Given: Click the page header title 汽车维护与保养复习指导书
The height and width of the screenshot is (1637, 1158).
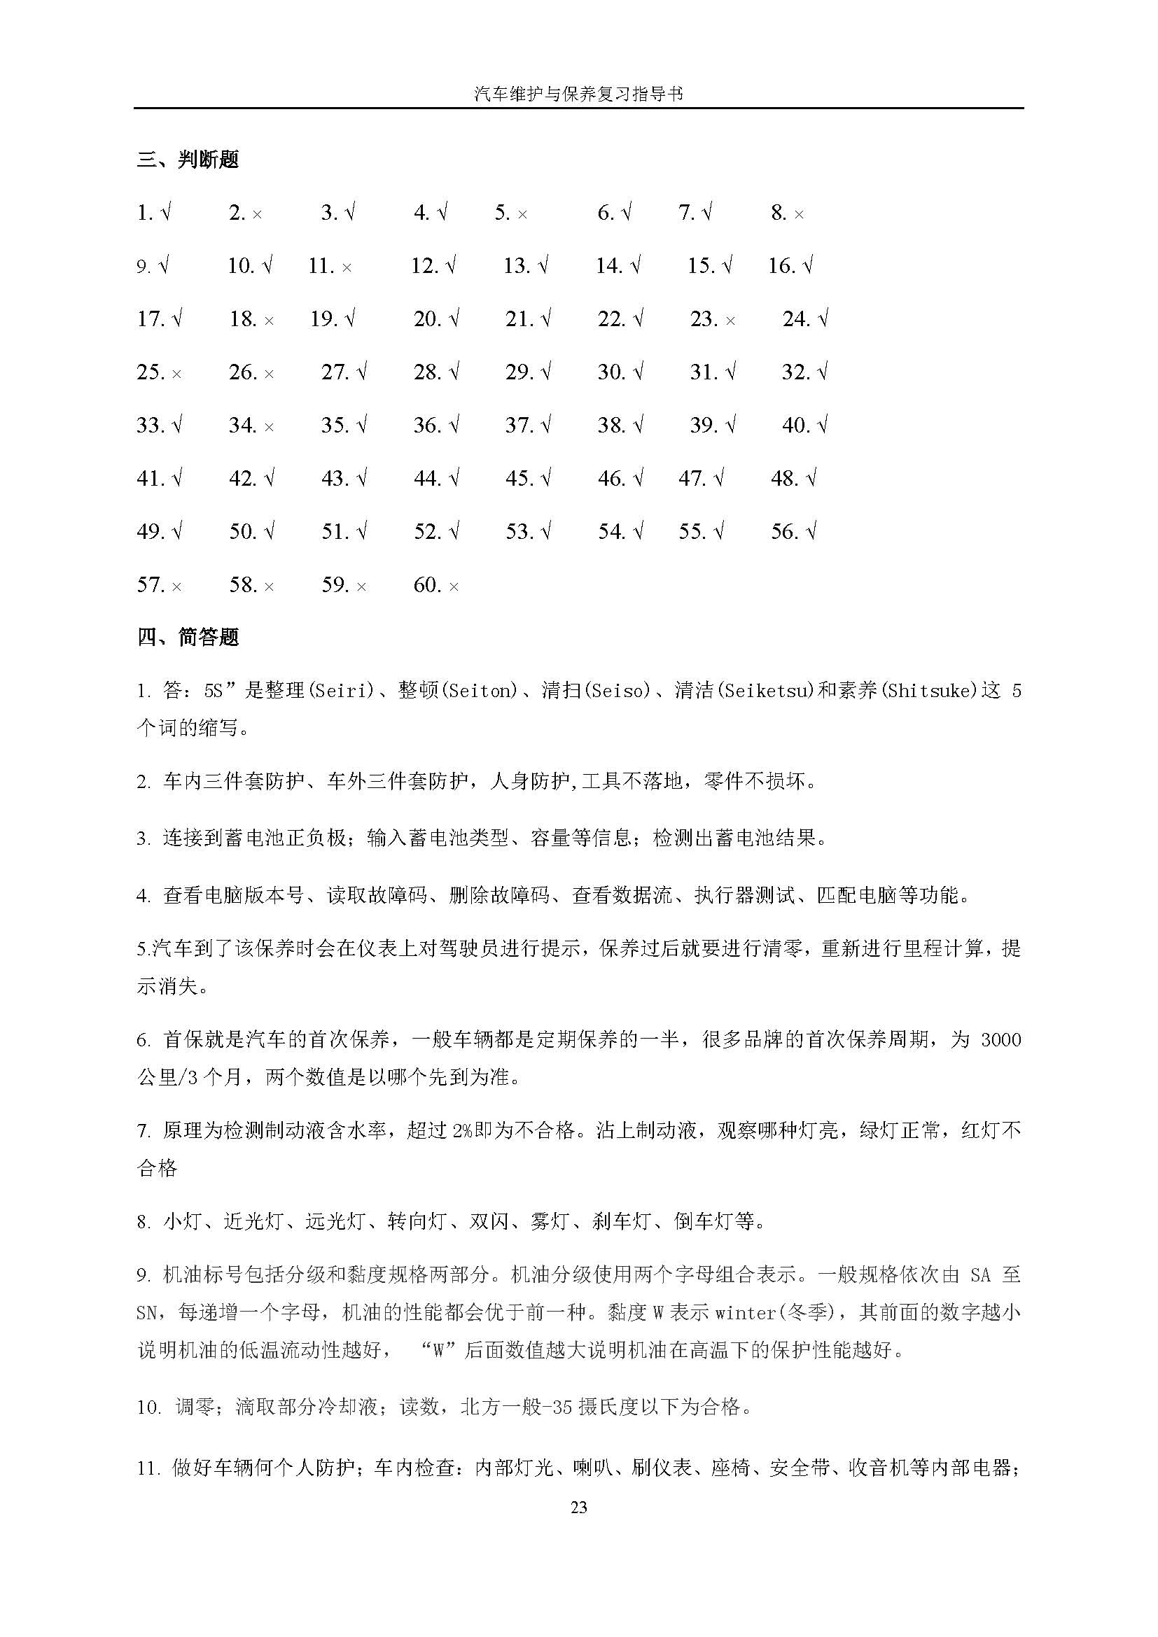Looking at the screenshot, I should click(x=578, y=93).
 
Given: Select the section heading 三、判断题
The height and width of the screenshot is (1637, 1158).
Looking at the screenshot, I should click(x=188, y=160).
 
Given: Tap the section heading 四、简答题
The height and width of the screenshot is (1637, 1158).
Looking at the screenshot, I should click(x=188, y=637).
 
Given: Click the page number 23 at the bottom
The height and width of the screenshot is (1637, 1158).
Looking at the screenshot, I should click(x=579, y=1507).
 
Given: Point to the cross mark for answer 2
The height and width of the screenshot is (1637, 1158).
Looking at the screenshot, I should click(x=257, y=214).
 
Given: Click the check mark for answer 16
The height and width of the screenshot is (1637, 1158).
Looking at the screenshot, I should click(x=807, y=266).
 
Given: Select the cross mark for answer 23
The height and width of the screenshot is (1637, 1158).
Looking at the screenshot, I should click(x=730, y=321).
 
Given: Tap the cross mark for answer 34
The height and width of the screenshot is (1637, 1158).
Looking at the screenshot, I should click(x=269, y=427).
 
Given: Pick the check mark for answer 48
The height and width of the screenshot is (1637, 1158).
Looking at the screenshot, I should click(x=811, y=478).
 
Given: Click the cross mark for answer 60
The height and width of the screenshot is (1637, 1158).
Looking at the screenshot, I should click(x=454, y=586).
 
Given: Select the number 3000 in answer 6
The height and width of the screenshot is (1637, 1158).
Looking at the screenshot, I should click(x=1000, y=1039).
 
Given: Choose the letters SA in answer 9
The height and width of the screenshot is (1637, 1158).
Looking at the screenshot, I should click(x=980, y=1274).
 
